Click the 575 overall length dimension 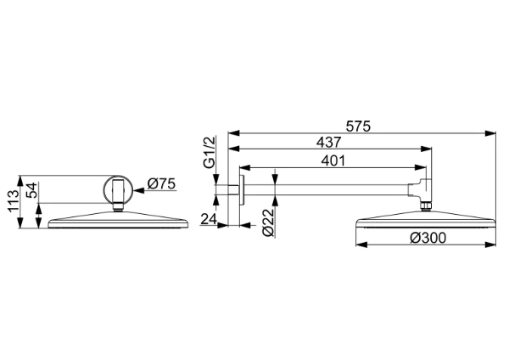(358, 126)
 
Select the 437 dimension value (329, 143)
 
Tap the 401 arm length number (333, 160)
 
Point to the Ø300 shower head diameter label (428, 238)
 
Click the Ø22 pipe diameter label (269, 222)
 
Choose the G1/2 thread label (210, 152)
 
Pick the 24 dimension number (209, 219)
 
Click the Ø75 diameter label (161, 184)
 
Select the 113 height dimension (14, 201)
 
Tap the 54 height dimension (32, 190)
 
